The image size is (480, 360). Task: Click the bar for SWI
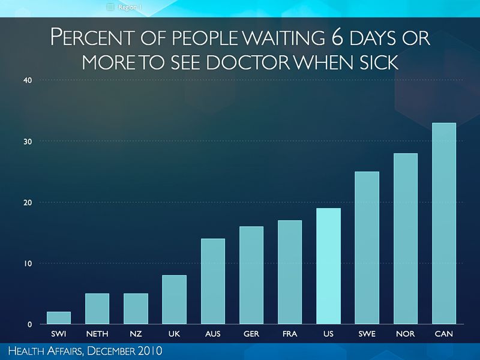point(59,317)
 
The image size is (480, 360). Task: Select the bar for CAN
point(443,223)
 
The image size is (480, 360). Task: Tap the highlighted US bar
point(328,266)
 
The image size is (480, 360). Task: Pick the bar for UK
point(174,299)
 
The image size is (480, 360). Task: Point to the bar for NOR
point(405,239)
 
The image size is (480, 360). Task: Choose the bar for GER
point(251,275)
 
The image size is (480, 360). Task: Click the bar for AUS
point(212,281)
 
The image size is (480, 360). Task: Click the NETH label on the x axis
point(97,334)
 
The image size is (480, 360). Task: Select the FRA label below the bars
point(290,334)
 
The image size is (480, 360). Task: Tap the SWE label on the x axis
point(367,334)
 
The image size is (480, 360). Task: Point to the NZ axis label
point(136,334)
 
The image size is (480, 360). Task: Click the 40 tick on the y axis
point(28,80)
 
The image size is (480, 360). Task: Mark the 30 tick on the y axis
point(28,142)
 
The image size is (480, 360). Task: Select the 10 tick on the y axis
point(28,263)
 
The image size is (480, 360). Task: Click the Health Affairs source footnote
point(82,350)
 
